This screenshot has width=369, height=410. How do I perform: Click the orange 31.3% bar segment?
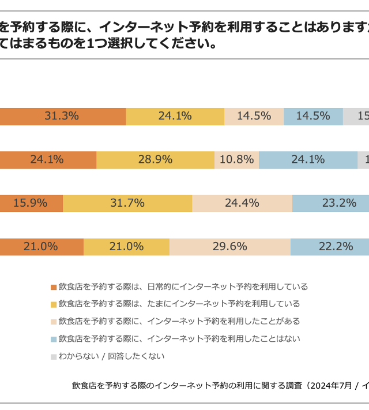coord(62,116)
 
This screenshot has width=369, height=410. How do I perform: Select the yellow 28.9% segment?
coord(155,160)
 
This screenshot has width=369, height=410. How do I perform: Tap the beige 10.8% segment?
coord(236,160)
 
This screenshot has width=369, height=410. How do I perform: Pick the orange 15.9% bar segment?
coord(31,203)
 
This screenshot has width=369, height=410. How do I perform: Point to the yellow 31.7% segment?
coord(127,203)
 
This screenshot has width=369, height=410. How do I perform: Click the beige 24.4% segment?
coord(242,203)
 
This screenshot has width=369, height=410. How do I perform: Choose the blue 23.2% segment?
coord(331,203)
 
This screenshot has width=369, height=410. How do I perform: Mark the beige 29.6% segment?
coord(229,247)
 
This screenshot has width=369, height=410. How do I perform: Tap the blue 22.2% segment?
coord(330,247)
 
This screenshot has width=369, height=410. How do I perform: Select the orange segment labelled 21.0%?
coord(42,247)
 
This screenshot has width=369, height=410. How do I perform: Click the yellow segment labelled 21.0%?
coord(126,247)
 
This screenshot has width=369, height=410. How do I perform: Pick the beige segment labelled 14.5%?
coord(254,116)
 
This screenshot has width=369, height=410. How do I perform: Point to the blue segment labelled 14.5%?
coord(313,116)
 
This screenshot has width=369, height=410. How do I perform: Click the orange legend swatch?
coord(54,287)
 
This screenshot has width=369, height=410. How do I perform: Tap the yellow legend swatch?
coord(54,304)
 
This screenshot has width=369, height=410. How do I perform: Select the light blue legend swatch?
coord(54,339)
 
